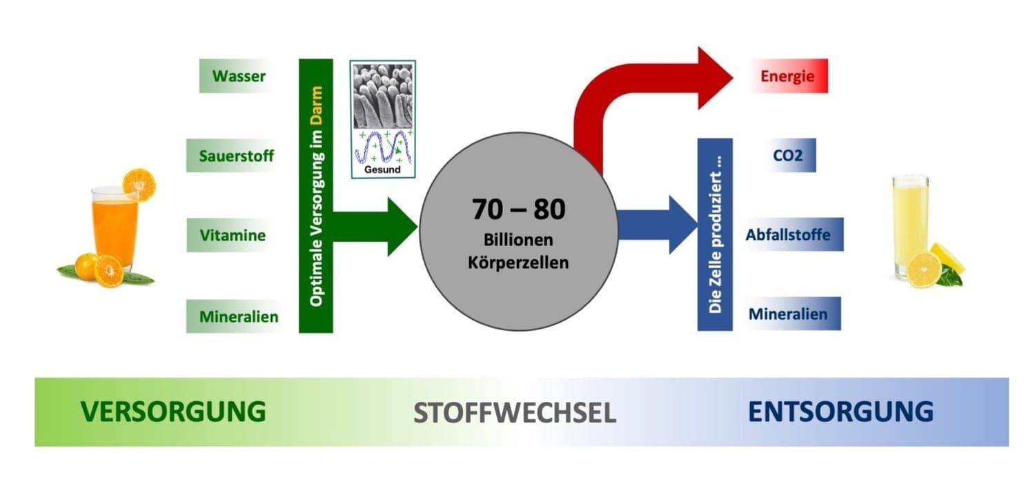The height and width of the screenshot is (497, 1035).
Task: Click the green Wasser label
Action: (238, 76)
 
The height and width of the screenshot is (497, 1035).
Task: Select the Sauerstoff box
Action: (236, 156)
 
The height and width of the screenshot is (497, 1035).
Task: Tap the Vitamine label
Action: (233, 235)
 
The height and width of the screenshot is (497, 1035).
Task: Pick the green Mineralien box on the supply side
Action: (238, 317)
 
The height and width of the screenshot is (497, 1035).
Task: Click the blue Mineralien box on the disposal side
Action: (787, 314)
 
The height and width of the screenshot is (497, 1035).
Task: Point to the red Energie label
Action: (787, 76)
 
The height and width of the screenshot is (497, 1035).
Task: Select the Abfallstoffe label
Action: (787, 234)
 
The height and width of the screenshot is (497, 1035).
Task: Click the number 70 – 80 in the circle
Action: (519, 209)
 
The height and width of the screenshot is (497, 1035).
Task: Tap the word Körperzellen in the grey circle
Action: (519, 263)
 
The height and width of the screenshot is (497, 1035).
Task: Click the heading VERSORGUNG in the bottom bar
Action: (173, 412)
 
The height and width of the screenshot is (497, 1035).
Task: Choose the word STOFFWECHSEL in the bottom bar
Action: (515, 413)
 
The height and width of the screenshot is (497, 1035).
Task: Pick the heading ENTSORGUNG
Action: (840, 412)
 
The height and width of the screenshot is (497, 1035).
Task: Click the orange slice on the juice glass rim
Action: (139, 184)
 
